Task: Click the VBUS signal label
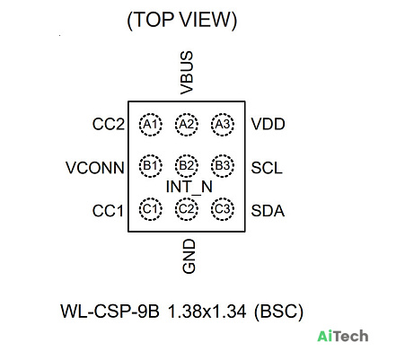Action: coord(187,73)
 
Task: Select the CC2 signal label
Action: coord(109,124)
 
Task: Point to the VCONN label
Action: coord(95,168)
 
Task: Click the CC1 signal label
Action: coord(108,211)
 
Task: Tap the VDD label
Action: coord(268,124)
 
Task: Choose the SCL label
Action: coord(267,168)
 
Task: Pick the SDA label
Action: coord(268,211)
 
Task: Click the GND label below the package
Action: coord(189,256)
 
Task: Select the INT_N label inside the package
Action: coord(189,188)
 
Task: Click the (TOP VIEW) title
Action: coord(182,21)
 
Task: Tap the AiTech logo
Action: coord(343,336)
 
